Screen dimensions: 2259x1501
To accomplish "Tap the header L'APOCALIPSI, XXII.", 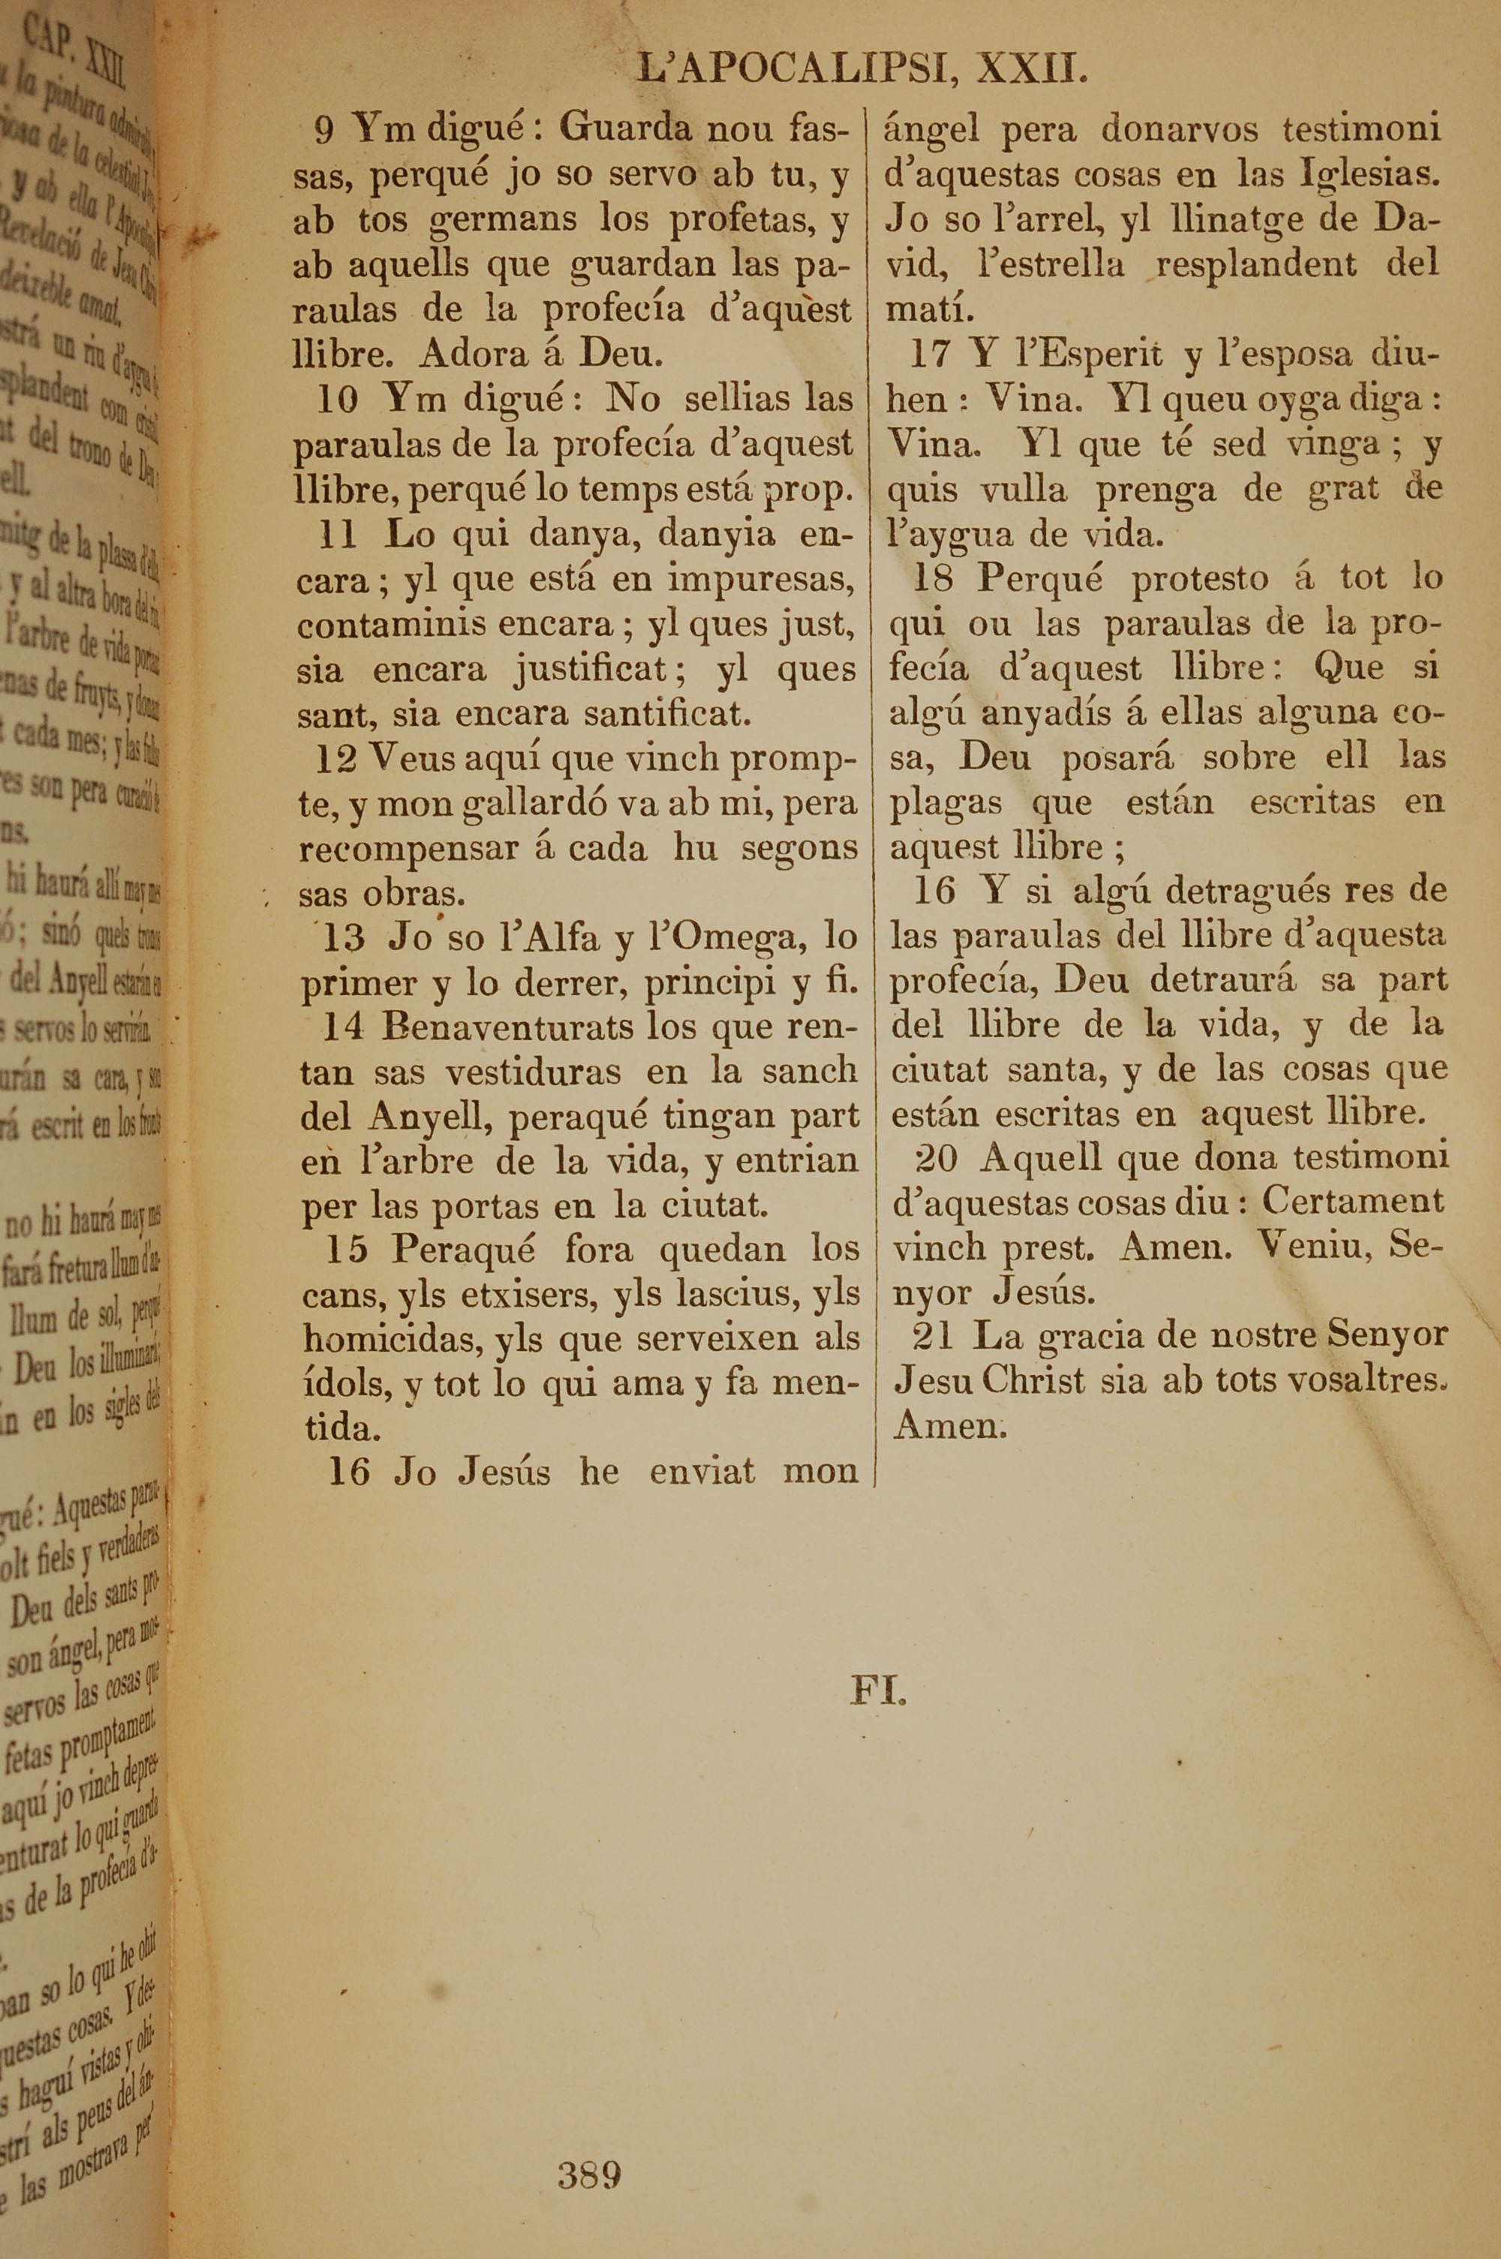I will coord(862,70).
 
